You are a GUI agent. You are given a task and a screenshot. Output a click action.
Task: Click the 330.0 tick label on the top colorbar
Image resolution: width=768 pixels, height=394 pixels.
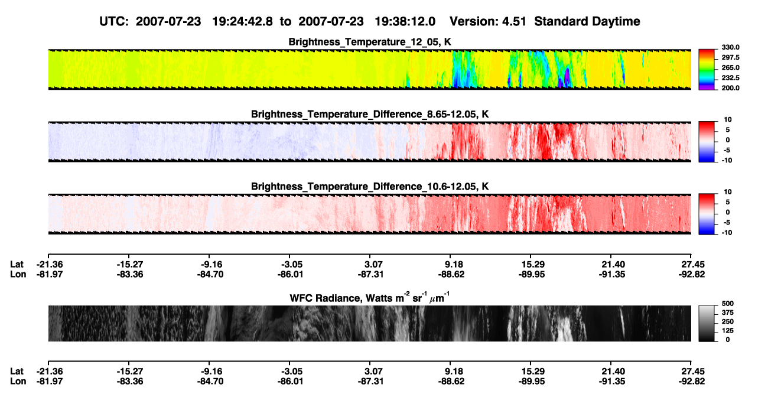730,47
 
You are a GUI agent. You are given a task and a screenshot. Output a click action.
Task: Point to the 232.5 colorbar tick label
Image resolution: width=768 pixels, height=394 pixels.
730,78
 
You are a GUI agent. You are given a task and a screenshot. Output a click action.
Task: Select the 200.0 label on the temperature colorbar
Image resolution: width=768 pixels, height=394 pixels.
730,88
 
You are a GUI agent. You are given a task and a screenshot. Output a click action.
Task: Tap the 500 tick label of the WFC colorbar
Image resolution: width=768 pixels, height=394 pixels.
727,304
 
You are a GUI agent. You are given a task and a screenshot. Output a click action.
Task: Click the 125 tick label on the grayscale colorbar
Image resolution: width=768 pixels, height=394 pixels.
727,331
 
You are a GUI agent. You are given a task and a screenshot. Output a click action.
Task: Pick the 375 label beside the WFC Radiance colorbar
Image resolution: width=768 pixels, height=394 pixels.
727,312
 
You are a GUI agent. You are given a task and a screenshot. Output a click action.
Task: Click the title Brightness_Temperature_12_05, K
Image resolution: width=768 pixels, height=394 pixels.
370,42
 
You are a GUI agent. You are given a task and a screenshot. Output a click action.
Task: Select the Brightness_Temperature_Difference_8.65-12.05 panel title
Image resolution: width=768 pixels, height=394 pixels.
370,114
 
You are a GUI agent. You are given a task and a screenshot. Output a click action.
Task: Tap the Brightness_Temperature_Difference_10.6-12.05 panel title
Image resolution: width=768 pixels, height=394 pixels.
370,187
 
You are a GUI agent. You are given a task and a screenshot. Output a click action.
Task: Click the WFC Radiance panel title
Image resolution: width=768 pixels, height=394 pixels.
370,297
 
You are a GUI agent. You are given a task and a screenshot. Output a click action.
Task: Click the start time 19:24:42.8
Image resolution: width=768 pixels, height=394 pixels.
242,21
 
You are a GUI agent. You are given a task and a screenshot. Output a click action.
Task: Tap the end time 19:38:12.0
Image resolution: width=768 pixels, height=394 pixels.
405,21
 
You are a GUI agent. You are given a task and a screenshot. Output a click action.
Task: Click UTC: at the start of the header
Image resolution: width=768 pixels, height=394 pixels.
114,21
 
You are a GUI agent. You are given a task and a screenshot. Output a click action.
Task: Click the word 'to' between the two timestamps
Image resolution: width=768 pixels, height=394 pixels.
285,22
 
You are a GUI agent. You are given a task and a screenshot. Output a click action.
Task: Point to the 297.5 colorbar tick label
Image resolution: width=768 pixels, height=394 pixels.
730,57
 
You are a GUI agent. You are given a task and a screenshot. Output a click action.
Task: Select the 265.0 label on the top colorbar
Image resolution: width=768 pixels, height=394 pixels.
730,67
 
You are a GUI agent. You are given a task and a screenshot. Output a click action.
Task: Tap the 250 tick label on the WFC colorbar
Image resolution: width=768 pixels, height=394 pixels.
727,322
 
